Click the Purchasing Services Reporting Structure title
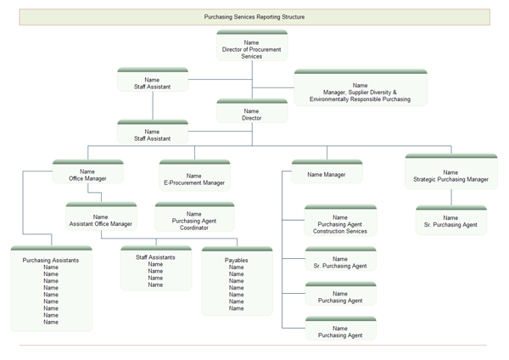click(x=255, y=16)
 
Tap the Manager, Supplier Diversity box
click(x=360, y=88)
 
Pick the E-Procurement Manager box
click(x=194, y=176)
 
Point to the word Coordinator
click(x=194, y=228)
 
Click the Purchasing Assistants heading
click(x=51, y=261)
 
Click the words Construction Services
click(x=340, y=231)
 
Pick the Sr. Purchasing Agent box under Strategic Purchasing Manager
click(x=450, y=221)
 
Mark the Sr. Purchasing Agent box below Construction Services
click(x=340, y=262)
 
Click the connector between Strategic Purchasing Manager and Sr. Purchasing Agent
click(x=450, y=197)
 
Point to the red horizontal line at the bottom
click(x=255, y=346)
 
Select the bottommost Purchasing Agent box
click(x=340, y=331)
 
